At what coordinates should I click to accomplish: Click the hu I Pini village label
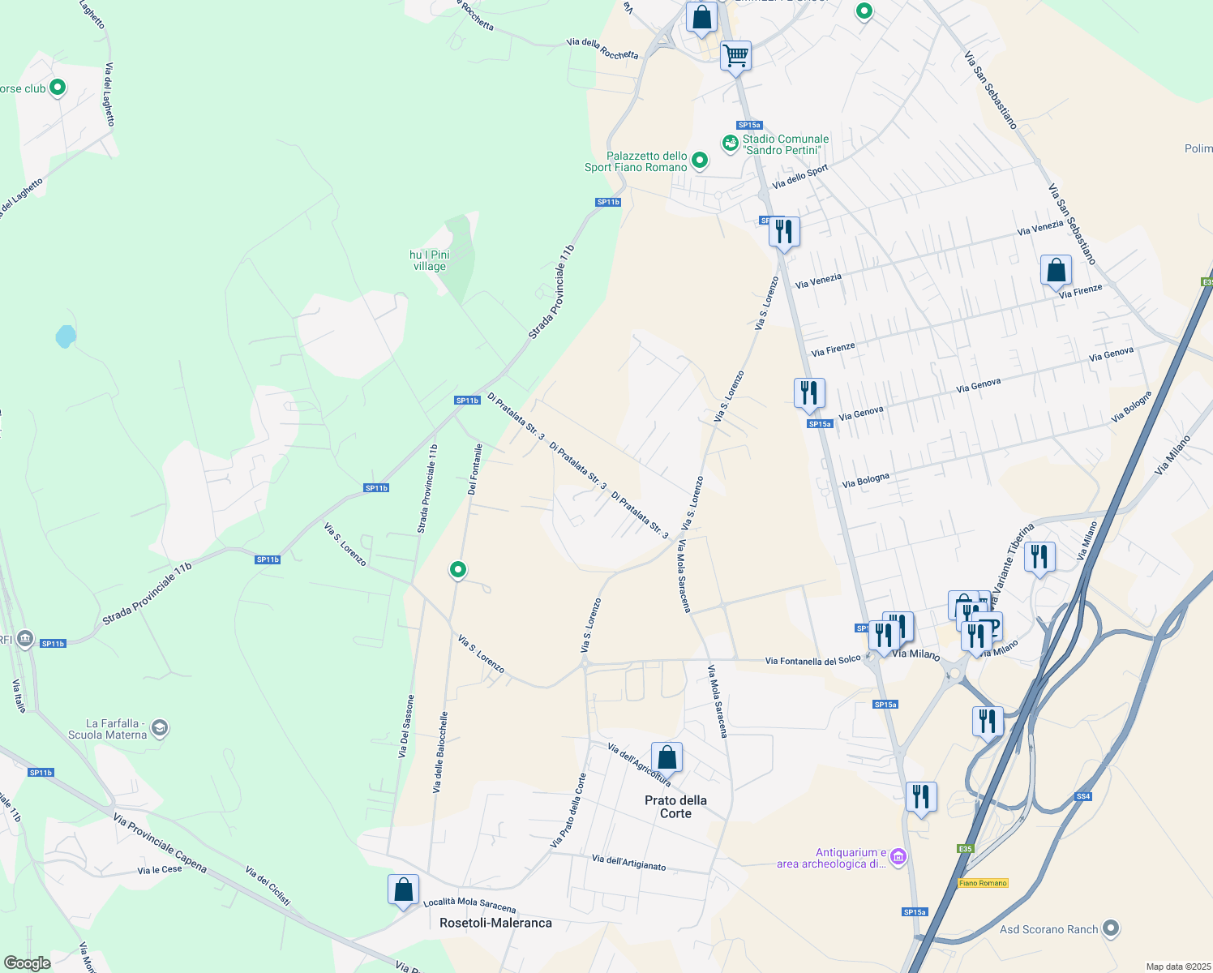coord(429,260)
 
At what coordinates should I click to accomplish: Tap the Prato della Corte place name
coord(675,807)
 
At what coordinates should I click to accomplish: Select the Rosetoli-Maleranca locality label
coord(495,923)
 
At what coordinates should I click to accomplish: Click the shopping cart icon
coord(735,57)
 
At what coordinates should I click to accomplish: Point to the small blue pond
coord(66,336)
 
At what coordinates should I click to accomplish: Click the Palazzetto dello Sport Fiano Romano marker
coord(699,161)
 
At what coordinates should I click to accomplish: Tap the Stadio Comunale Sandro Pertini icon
coord(730,144)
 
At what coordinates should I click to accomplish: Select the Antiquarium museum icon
coord(898,857)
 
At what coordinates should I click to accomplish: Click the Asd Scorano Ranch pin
coord(1111,928)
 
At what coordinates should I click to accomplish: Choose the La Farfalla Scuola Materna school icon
coord(160,727)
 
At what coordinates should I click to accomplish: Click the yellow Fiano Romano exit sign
coord(983,883)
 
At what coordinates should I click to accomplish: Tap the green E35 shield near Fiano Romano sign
coord(964,849)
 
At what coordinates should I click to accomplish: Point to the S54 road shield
coord(1083,796)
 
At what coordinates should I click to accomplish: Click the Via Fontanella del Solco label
coord(812,661)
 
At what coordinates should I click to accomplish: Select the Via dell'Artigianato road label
coord(628,863)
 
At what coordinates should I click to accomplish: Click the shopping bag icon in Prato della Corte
coord(667,758)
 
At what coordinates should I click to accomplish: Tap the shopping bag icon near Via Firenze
coord(1056,270)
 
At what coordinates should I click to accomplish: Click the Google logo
coord(27,963)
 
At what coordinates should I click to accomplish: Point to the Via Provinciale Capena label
coord(160,843)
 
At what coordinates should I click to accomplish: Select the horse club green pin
coord(58,87)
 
